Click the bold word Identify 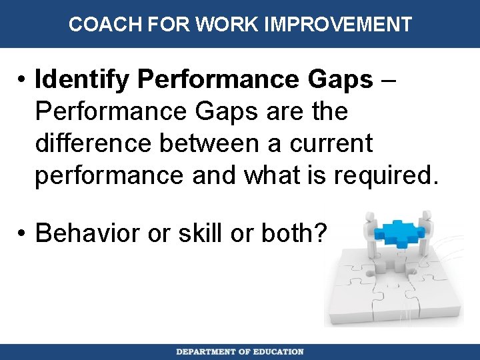83,80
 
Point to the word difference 89,143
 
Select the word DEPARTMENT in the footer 206,351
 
